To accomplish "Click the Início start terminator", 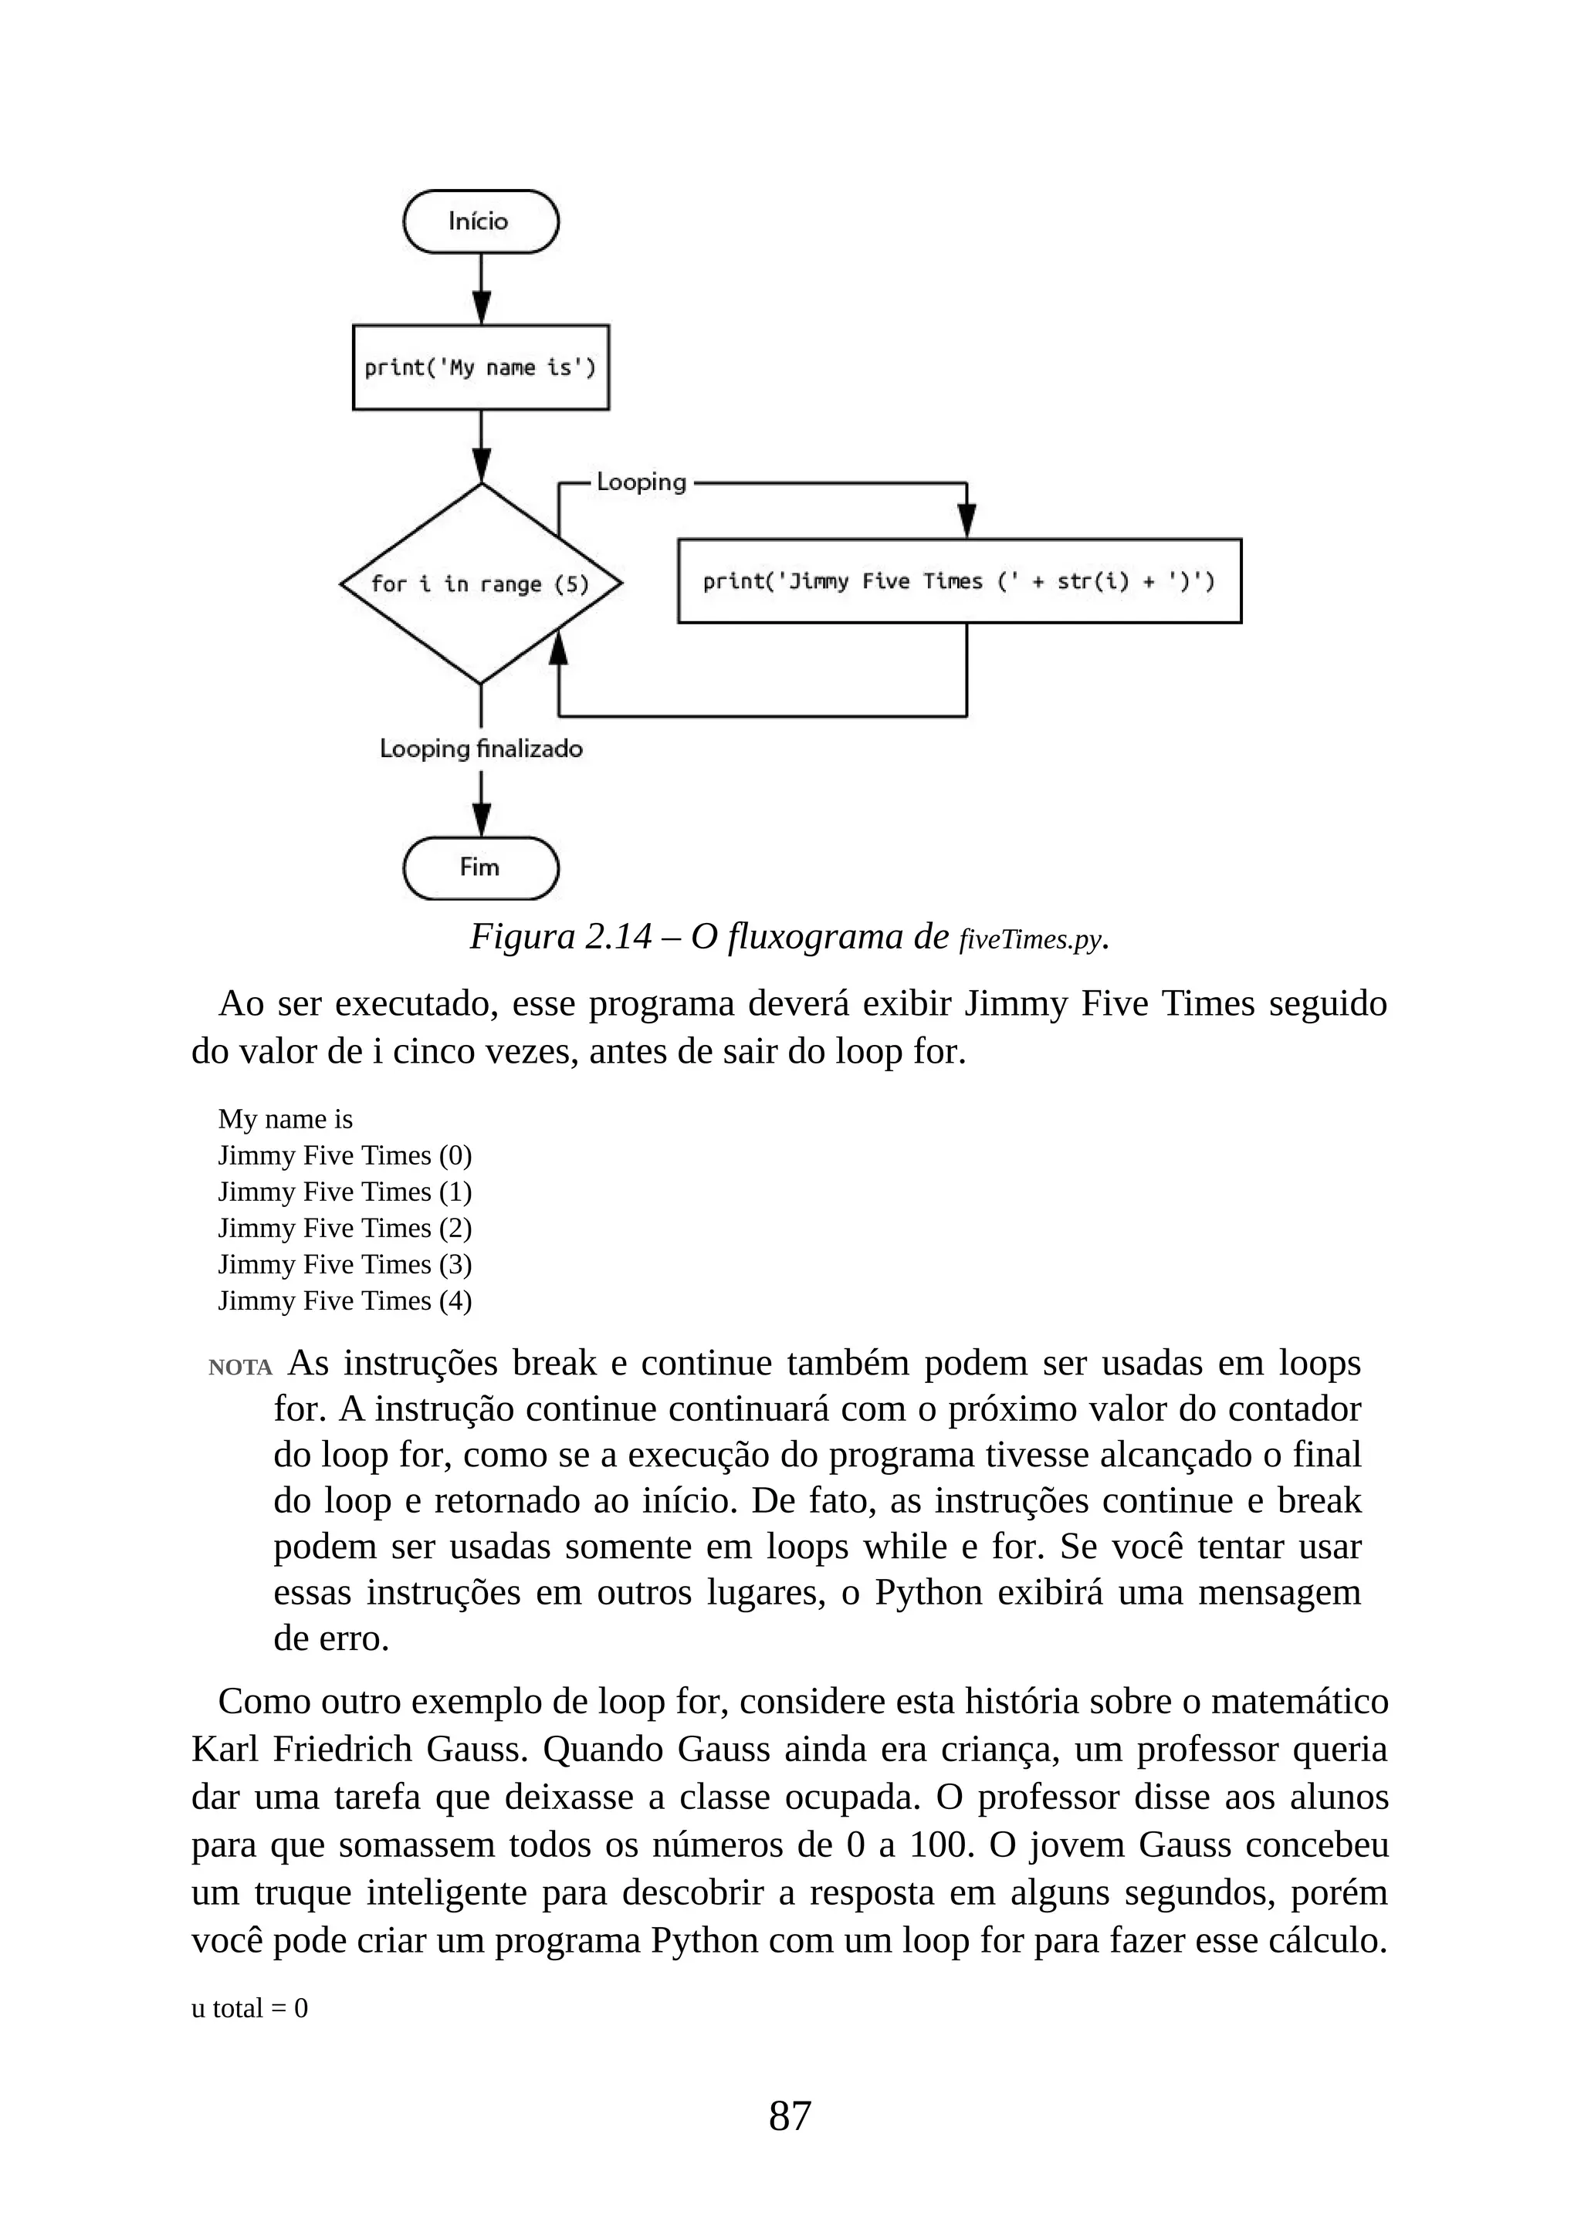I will click(481, 222).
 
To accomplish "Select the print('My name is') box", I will click(481, 367).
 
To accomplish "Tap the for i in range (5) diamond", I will click(481, 584).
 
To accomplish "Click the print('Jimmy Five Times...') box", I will click(959, 581).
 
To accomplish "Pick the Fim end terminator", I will click(481, 867).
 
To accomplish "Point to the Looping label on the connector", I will click(642, 482).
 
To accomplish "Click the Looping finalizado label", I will click(481, 749).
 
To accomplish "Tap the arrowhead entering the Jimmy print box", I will click(967, 521).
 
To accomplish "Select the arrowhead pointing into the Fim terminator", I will click(481, 820).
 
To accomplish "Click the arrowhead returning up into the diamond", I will click(558, 645).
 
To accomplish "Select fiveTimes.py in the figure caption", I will click(1030, 939).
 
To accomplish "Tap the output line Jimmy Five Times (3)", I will click(344, 1264).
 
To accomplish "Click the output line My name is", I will click(285, 1120).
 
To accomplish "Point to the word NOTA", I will click(239, 1368).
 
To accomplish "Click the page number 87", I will click(790, 2115).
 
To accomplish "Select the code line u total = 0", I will click(249, 2008).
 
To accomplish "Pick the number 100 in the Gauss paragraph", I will click(940, 1844).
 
